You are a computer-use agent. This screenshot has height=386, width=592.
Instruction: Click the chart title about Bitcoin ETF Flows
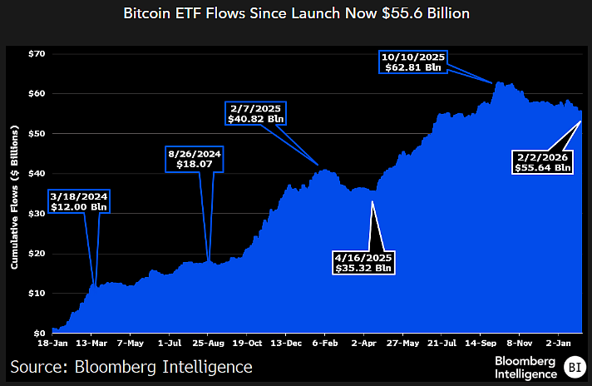(296, 14)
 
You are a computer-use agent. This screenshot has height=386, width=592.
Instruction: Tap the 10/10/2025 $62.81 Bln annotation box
(414, 62)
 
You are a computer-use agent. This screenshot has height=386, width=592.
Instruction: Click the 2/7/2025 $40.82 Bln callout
(256, 113)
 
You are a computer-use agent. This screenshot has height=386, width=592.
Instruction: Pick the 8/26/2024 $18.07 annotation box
(194, 159)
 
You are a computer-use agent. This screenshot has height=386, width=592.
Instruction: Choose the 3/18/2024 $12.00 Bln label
(78, 200)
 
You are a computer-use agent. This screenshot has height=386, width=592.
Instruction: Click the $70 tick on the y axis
(36, 54)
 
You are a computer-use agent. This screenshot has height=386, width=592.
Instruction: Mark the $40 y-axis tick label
(36, 173)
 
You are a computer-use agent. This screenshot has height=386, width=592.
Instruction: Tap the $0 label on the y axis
(39, 333)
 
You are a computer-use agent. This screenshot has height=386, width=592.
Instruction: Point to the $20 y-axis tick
(36, 253)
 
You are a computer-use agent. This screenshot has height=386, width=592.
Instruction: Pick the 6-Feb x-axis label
(324, 343)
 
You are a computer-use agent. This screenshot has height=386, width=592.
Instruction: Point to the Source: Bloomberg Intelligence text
(131, 366)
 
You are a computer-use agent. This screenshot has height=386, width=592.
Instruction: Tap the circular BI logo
(574, 366)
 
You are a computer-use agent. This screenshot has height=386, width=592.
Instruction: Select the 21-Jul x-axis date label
(441, 343)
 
